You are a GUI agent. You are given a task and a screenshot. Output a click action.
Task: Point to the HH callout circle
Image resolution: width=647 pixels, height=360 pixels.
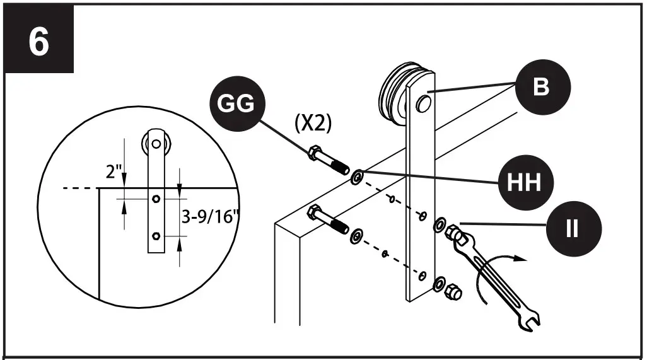tap(526, 183)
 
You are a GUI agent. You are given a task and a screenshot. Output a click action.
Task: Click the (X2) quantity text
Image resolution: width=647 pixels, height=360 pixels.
tap(313, 123)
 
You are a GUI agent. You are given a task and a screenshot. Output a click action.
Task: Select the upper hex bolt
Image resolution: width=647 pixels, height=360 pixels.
tap(327, 160)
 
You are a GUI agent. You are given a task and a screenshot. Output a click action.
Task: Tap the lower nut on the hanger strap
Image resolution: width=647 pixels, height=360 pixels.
tap(452, 292)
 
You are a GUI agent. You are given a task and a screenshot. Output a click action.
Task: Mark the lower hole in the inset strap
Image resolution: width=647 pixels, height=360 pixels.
tap(155, 236)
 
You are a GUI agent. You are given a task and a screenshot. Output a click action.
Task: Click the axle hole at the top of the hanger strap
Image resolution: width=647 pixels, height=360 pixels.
tap(423, 102)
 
